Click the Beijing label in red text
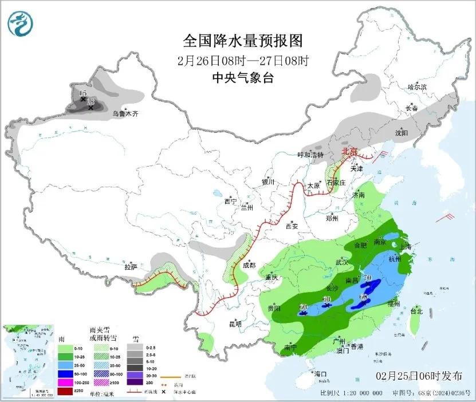pos(349,151)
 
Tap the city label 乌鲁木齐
pos(125,114)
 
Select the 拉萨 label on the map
pos(131,267)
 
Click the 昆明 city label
pos(235,324)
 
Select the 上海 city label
pos(406,246)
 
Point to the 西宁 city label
pos(230,201)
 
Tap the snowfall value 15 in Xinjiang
pos(82,93)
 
